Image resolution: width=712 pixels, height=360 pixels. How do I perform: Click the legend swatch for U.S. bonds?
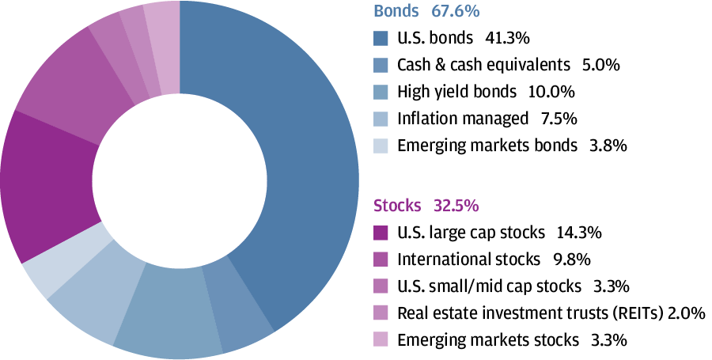click(x=381, y=37)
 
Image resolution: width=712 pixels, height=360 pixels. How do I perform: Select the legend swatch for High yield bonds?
click(x=381, y=91)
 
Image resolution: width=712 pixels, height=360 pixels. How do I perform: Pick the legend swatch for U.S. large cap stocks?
click(x=381, y=232)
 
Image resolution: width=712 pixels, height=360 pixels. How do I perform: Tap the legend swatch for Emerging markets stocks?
click(x=381, y=339)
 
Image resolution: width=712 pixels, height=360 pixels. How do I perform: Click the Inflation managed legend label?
click(x=462, y=119)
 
